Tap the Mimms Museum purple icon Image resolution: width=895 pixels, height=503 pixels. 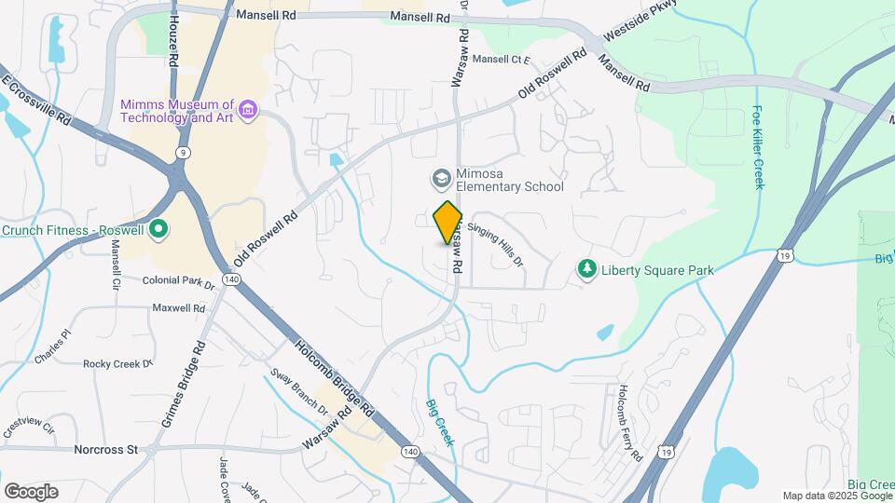(247, 112)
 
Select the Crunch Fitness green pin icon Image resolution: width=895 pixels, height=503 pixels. (158, 226)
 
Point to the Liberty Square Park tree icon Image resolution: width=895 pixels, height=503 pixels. (586, 270)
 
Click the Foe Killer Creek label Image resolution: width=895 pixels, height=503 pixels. (759, 147)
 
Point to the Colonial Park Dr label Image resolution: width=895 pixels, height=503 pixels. (179, 280)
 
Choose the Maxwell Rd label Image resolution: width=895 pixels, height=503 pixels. (179, 307)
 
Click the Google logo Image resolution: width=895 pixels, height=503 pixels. (31, 492)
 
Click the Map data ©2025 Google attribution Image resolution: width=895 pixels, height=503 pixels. (836, 496)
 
